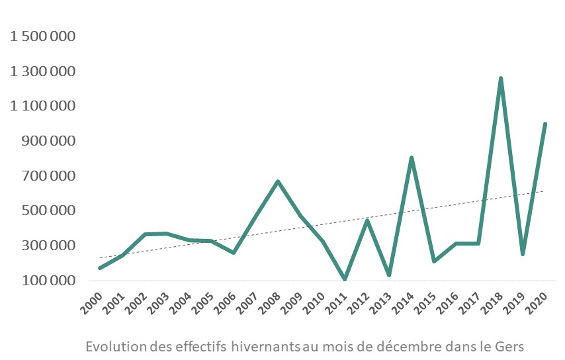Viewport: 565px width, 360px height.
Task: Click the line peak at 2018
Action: [x=501, y=79]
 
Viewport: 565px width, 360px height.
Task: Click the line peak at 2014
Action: [x=412, y=158]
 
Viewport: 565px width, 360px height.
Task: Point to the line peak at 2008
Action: [x=278, y=181]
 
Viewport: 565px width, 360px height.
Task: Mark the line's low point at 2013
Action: [x=389, y=275]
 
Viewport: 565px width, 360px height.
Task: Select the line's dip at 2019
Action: [x=523, y=253]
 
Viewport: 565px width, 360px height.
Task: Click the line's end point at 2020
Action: [x=545, y=124]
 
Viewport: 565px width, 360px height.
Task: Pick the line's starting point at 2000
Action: [x=100, y=268]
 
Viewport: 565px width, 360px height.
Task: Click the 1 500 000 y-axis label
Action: [x=43, y=36]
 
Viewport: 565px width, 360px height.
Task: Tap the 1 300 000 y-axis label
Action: [x=43, y=71]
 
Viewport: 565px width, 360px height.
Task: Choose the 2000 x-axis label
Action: [x=92, y=302]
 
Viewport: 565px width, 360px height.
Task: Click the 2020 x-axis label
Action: [x=537, y=302]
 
